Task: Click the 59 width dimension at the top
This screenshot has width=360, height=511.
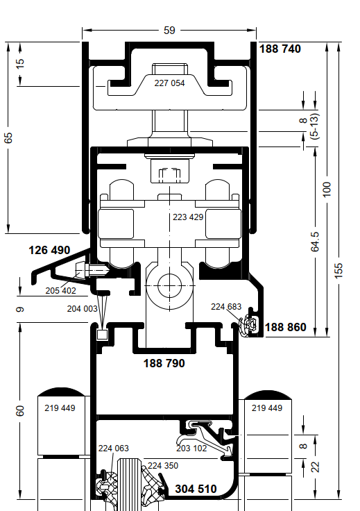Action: tap(169, 31)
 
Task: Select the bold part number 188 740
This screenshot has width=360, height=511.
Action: tap(280, 49)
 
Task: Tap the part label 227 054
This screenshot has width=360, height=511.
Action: tap(169, 83)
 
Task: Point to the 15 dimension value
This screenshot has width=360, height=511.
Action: tap(20, 63)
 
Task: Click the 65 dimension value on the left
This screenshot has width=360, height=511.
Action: tap(8, 137)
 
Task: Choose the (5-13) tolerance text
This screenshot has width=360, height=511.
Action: tap(314, 126)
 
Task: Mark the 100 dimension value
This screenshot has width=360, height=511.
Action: tap(327, 190)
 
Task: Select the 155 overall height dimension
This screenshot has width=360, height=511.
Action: tap(338, 271)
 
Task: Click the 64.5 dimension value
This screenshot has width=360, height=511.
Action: tap(315, 242)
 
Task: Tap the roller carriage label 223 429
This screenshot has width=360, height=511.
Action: tap(188, 217)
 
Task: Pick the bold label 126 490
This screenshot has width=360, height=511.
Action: tap(49, 250)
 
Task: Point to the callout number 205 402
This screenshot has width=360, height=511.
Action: tap(60, 290)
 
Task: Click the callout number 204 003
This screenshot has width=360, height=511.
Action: tap(82, 309)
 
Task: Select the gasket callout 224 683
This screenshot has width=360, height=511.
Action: tap(226, 307)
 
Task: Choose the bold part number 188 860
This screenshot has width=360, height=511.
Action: tap(286, 327)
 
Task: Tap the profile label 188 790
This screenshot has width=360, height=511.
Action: tap(164, 363)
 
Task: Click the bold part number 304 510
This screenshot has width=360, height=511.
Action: tap(196, 489)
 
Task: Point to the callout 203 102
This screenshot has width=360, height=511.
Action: tap(191, 449)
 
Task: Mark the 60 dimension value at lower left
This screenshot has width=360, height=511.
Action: tap(20, 410)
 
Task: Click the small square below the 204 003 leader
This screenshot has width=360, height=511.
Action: tap(102, 335)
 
